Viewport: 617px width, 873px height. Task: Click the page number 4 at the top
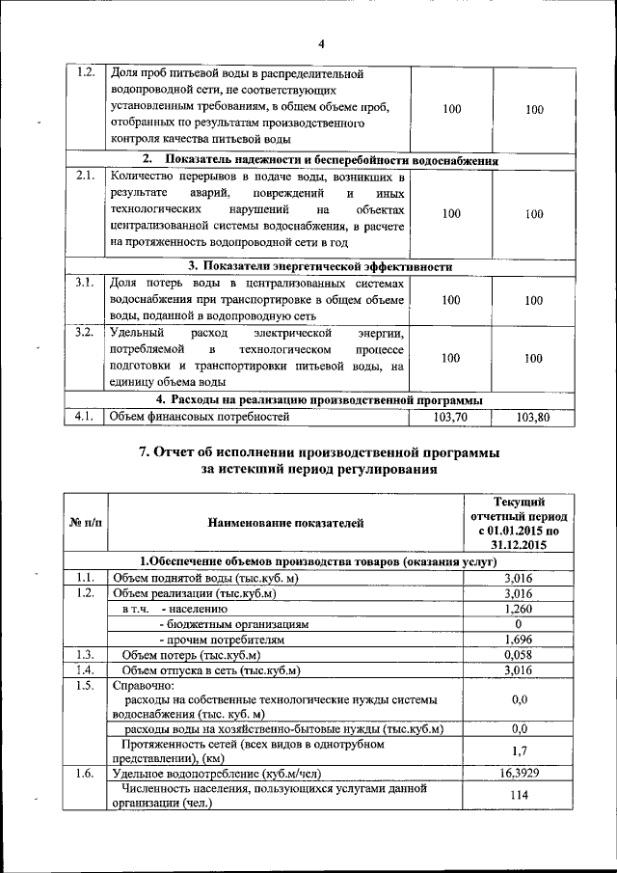tap(322, 43)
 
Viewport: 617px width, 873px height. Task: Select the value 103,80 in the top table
tap(533, 418)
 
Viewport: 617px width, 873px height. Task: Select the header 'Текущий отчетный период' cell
tap(519, 523)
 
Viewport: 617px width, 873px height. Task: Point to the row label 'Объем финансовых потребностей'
tap(199, 418)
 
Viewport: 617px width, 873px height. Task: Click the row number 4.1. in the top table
tap(84, 418)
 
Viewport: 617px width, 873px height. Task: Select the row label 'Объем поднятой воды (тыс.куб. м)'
tap(204, 578)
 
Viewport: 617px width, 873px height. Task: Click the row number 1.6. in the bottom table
tap(84, 773)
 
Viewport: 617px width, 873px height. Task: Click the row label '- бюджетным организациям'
tap(233, 624)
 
